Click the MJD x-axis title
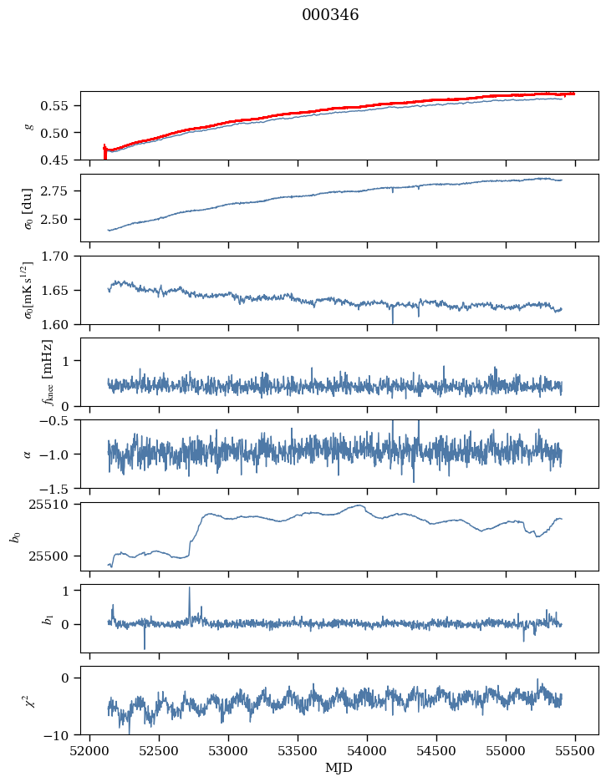point(339,767)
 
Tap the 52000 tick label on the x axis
point(90,750)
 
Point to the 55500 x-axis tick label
point(574,750)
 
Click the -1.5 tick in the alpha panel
point(59,488)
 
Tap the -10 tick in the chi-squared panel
point(61,735)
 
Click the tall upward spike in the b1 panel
point(189,588)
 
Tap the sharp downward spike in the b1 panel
point(144,647)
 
